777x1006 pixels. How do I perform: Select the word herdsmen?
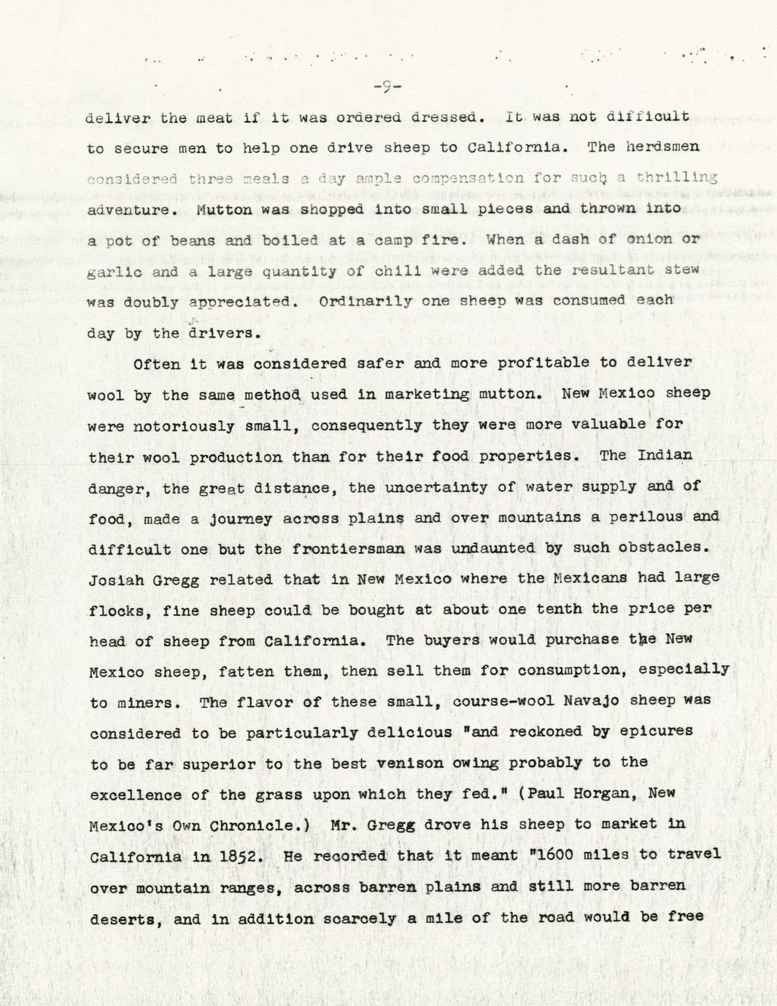tap(663, 147)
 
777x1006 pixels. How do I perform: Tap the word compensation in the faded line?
tap(468, 178)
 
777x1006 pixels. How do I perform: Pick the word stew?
tap(682, 269)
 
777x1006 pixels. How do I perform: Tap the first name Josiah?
tap(112, 580)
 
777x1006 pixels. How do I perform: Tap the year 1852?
tap(241, 857)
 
